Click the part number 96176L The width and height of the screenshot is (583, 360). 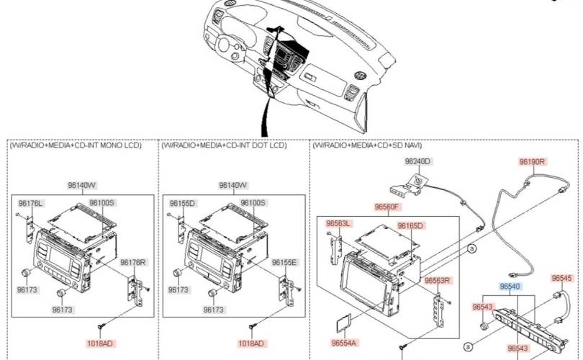[x=30, y=203]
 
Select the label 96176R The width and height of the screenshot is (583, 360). [x=133, y=262]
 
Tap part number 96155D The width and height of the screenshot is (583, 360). [x=182, y=203]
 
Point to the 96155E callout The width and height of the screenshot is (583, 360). [x=284, y=262]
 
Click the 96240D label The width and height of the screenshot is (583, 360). [x=417, y=161]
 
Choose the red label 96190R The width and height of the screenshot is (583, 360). [x=532, y=162]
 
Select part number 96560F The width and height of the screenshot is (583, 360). [x=387, y=207]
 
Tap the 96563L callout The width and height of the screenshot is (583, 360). [x=338, y=223]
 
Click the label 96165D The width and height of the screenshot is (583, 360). [x=410, y=226]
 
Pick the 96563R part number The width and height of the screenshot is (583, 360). [x=438, y=280]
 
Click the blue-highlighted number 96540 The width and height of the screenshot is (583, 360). [x=510, y=287]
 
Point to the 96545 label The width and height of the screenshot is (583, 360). [x=562, y=278]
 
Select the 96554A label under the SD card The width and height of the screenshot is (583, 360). [x=343, y=343]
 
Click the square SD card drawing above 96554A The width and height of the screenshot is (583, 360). [x=343, y=323]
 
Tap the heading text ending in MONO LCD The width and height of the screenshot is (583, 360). [x=76, y=145]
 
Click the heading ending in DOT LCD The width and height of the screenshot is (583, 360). [x=224, y=145]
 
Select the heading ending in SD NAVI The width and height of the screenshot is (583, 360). [x=367, y=145]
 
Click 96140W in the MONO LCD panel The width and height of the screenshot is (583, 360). [x=82, y=185]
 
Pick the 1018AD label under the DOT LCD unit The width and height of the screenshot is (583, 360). [x=251, y=343]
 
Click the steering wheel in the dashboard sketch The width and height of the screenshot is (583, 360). [x=225, y=45]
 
